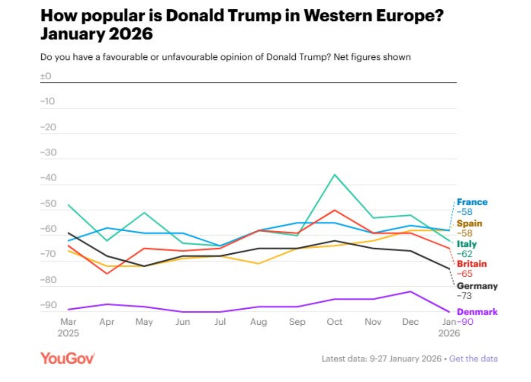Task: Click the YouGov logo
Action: (x=67, y=358)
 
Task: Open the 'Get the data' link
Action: (x=473, y=359)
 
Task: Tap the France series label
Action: (x=472, y=202)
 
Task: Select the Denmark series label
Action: (x=477, y=312)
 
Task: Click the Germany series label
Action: (x=477, y=286)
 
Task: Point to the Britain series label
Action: (x=472, y=264)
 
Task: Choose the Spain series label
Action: (x=469, y=224)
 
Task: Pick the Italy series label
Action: (x=467, y=244)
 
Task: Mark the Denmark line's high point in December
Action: (x=411, y=291)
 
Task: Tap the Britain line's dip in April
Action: (x=107, y=273)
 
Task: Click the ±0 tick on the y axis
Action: (x=46, y=76)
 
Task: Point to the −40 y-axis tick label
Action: (x=48, y=178)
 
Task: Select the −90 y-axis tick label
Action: (x=48, y=305)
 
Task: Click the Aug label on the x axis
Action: (x=259, y=322)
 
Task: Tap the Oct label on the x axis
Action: (x=335, y=322)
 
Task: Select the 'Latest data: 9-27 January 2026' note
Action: (x=381, y=359)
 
